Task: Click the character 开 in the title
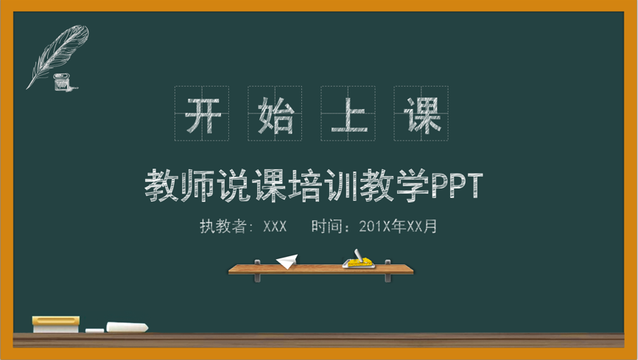pyautogui.click(x=203, y=116)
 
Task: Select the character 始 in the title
pyautogui.click(x=276, y=116)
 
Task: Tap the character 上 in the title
pyautogui.click(x=349, y=116)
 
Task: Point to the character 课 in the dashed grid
pyautogui.click(x=422, y=116)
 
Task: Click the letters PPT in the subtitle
pyautogui.click(x=457, y=186)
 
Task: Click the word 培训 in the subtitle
pyautogui.click(x=323, y=186)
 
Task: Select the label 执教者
pyautogui.click(x=222, y=226)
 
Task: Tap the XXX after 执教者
pyautogui.click(x=275, y=227)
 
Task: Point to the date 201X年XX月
pyautogui.click(x=398, y=226)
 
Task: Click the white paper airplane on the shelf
pyautogui.click(x=287, y=261)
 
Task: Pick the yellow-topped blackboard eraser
pyautogui.click(x=56, y=324)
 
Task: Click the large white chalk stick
pyautogui.click(x=127, y=327)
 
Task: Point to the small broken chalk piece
pyautogui.click(x=95, y=331)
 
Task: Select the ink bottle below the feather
pyautogui.click(x=62, y=82)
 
